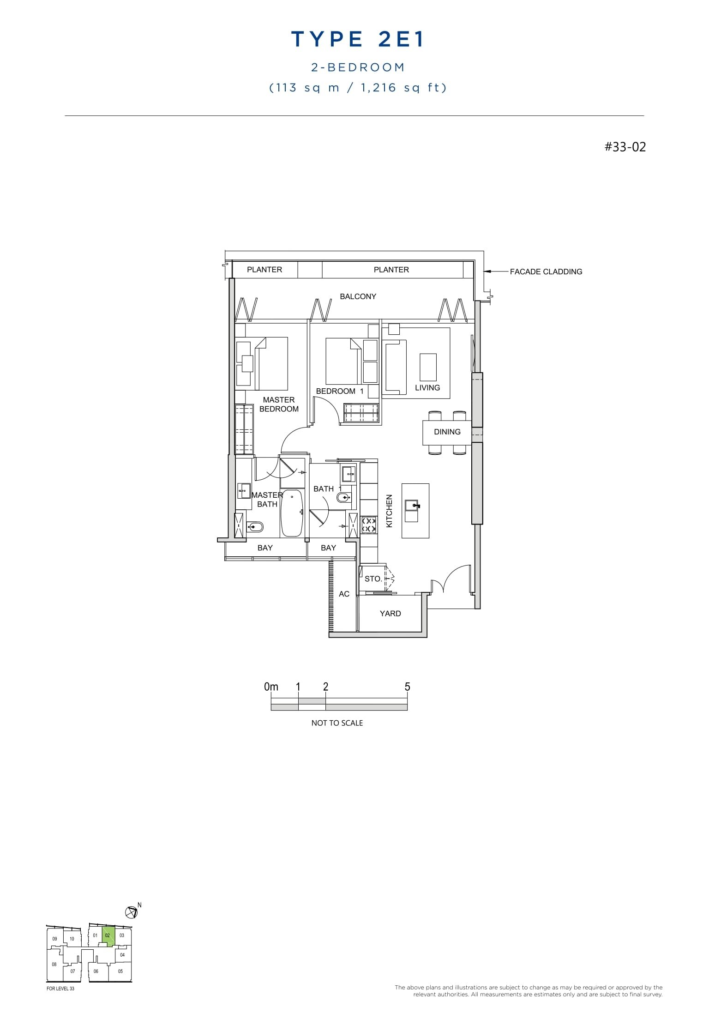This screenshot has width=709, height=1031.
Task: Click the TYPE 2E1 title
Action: (357, 40)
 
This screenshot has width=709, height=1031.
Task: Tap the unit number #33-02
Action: (625, 147)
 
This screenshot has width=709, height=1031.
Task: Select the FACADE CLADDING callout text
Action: (546, 272)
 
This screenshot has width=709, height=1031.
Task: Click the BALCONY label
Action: (358, 296)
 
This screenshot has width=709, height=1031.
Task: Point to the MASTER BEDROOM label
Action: (279, 404)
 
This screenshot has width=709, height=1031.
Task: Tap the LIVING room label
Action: (427, 388)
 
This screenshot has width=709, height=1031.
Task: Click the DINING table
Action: (447, 432)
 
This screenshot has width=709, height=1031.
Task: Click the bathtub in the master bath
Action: (292, 513)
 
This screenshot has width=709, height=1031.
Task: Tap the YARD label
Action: (390, 614)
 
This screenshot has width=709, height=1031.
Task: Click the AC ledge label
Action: (344, 594)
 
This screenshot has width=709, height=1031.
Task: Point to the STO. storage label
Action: (373, 579)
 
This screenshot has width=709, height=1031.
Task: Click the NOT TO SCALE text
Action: (337, 723)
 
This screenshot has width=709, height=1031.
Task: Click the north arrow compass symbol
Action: (132, 912)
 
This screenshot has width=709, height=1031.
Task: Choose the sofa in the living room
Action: (395, 367)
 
